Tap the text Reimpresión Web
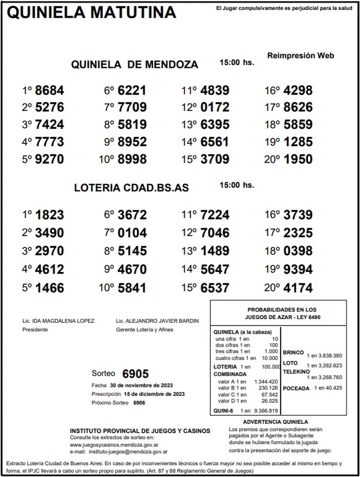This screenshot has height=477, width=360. coord(300,55)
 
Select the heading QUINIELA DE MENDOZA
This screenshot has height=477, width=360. coord(134,64)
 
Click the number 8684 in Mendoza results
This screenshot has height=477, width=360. coord(49,90)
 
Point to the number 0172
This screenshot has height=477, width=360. coord(215,107)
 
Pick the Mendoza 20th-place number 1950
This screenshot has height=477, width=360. coord(298,159)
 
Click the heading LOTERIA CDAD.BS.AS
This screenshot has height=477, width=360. coord(131,188)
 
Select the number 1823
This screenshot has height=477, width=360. coord(49,215)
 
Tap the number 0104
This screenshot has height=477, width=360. coord(132,233)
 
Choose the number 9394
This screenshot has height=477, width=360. coord(298,269)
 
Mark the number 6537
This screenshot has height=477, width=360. coord(215,288)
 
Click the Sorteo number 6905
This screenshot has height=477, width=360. coord(135,374)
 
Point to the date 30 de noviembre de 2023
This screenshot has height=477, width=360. coord(141,385)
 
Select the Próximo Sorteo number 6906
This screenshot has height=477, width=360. coord(139,403)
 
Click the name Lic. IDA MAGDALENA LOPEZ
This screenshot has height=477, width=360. coord(58,321)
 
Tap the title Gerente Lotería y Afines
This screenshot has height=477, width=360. coord(145,330)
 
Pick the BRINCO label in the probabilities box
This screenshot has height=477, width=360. coord(293,352)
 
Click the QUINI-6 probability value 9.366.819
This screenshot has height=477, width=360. coord(266,411)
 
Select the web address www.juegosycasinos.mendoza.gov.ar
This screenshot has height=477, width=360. coord(114,445)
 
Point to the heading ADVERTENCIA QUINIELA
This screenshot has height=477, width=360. coord(275,422)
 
